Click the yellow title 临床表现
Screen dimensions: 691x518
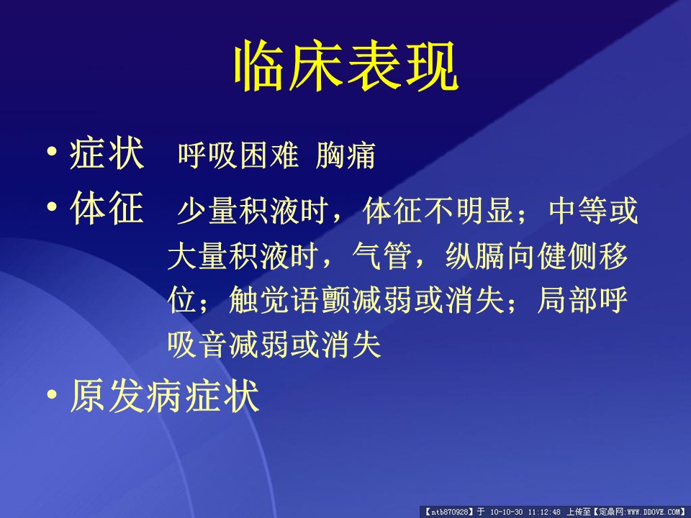tap(346, 66)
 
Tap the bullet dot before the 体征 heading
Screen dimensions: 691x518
tap(52, 206)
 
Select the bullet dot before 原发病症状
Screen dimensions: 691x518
tap(52, 394)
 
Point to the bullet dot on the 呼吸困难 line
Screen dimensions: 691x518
tap(52, 152)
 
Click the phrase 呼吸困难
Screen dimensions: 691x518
tap(238, 155)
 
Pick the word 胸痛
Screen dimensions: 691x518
tap(345, 155)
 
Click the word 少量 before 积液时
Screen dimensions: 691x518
tap(207, 210)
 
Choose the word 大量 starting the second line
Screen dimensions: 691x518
tap(198, 256)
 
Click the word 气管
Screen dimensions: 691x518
tap(382, 256)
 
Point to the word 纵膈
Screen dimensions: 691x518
tap(476, 256)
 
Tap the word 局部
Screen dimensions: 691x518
tap(567, 301)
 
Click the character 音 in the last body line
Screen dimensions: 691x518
tap(213, 345)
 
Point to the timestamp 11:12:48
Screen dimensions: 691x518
tap(544, 512)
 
